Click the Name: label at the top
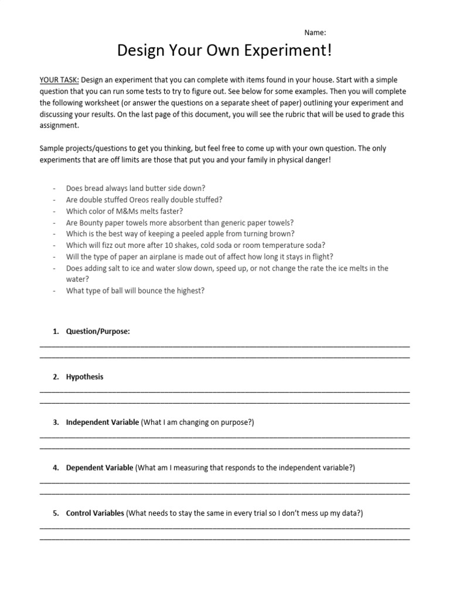pos(315,33)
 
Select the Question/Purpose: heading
pos(98,332)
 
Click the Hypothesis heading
pos(84,377)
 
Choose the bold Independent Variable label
pos(103,422)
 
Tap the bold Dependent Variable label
pos(100,468)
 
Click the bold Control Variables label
pos(95,513)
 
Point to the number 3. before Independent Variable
pos(56,422)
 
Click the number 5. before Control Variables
pos(56,513)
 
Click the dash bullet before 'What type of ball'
pos(54,291)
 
